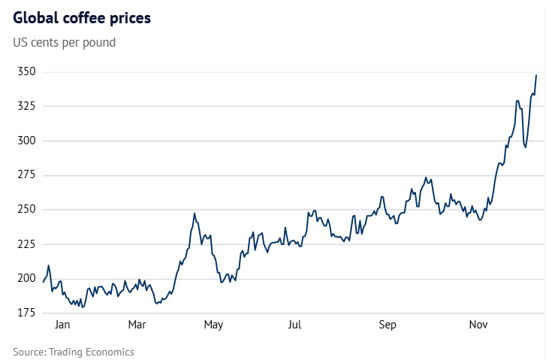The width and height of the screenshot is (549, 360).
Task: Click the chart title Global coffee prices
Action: pos(82,18)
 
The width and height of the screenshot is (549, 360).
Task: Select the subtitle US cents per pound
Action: pos(65,42)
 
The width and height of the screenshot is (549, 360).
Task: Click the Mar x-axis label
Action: pos(137,325)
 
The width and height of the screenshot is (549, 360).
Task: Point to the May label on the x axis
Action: pos(213,325)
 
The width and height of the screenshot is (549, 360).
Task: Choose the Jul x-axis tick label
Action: pos(294,325)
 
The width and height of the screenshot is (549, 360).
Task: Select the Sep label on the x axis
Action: pos(387,325)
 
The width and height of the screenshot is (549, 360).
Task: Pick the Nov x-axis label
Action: pos(479,325)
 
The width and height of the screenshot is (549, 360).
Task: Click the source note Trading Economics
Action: pos(74,351)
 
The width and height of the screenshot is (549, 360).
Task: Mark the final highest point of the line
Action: pos(536,75)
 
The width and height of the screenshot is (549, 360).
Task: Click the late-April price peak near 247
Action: pos(194,213)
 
